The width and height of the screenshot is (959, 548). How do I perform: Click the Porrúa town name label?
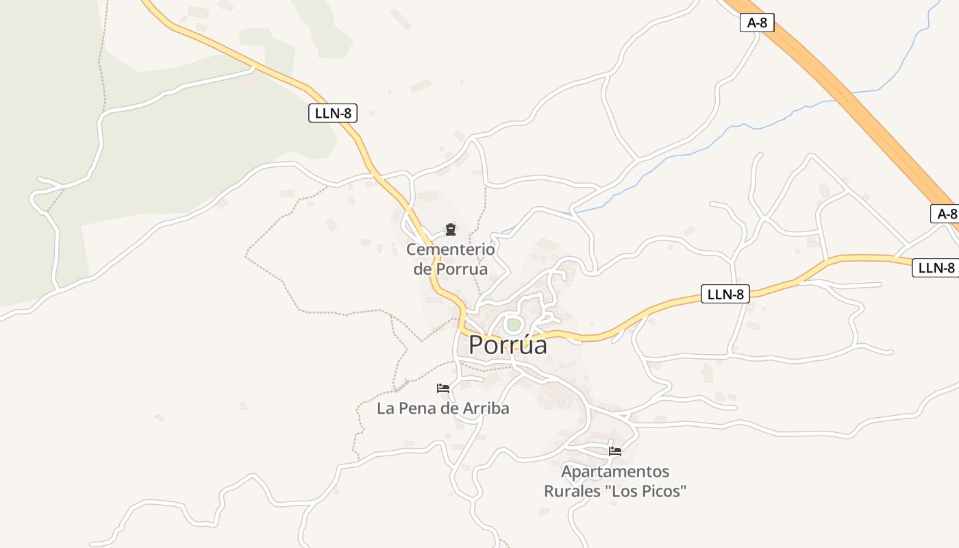[x=508, y=345]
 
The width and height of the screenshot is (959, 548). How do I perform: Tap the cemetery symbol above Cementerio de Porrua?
[x=451, y=229]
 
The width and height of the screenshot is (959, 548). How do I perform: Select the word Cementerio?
[x=450, y=249]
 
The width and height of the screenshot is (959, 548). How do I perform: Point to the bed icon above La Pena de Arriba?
[x=443, y=388]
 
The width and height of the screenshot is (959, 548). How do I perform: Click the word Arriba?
[x=486, y=409]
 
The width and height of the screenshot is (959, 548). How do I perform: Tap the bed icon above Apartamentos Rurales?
[x=615, y=451]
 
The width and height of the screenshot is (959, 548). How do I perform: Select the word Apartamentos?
[x=615, y=471]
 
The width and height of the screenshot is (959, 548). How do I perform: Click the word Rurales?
[x=569, y=491]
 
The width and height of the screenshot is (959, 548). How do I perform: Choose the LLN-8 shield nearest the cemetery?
[x=333, y=113]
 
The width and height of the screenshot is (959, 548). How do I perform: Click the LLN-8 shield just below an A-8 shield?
[x=936, y=268]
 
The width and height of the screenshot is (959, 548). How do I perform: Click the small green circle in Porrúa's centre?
[x=513, y=324]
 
